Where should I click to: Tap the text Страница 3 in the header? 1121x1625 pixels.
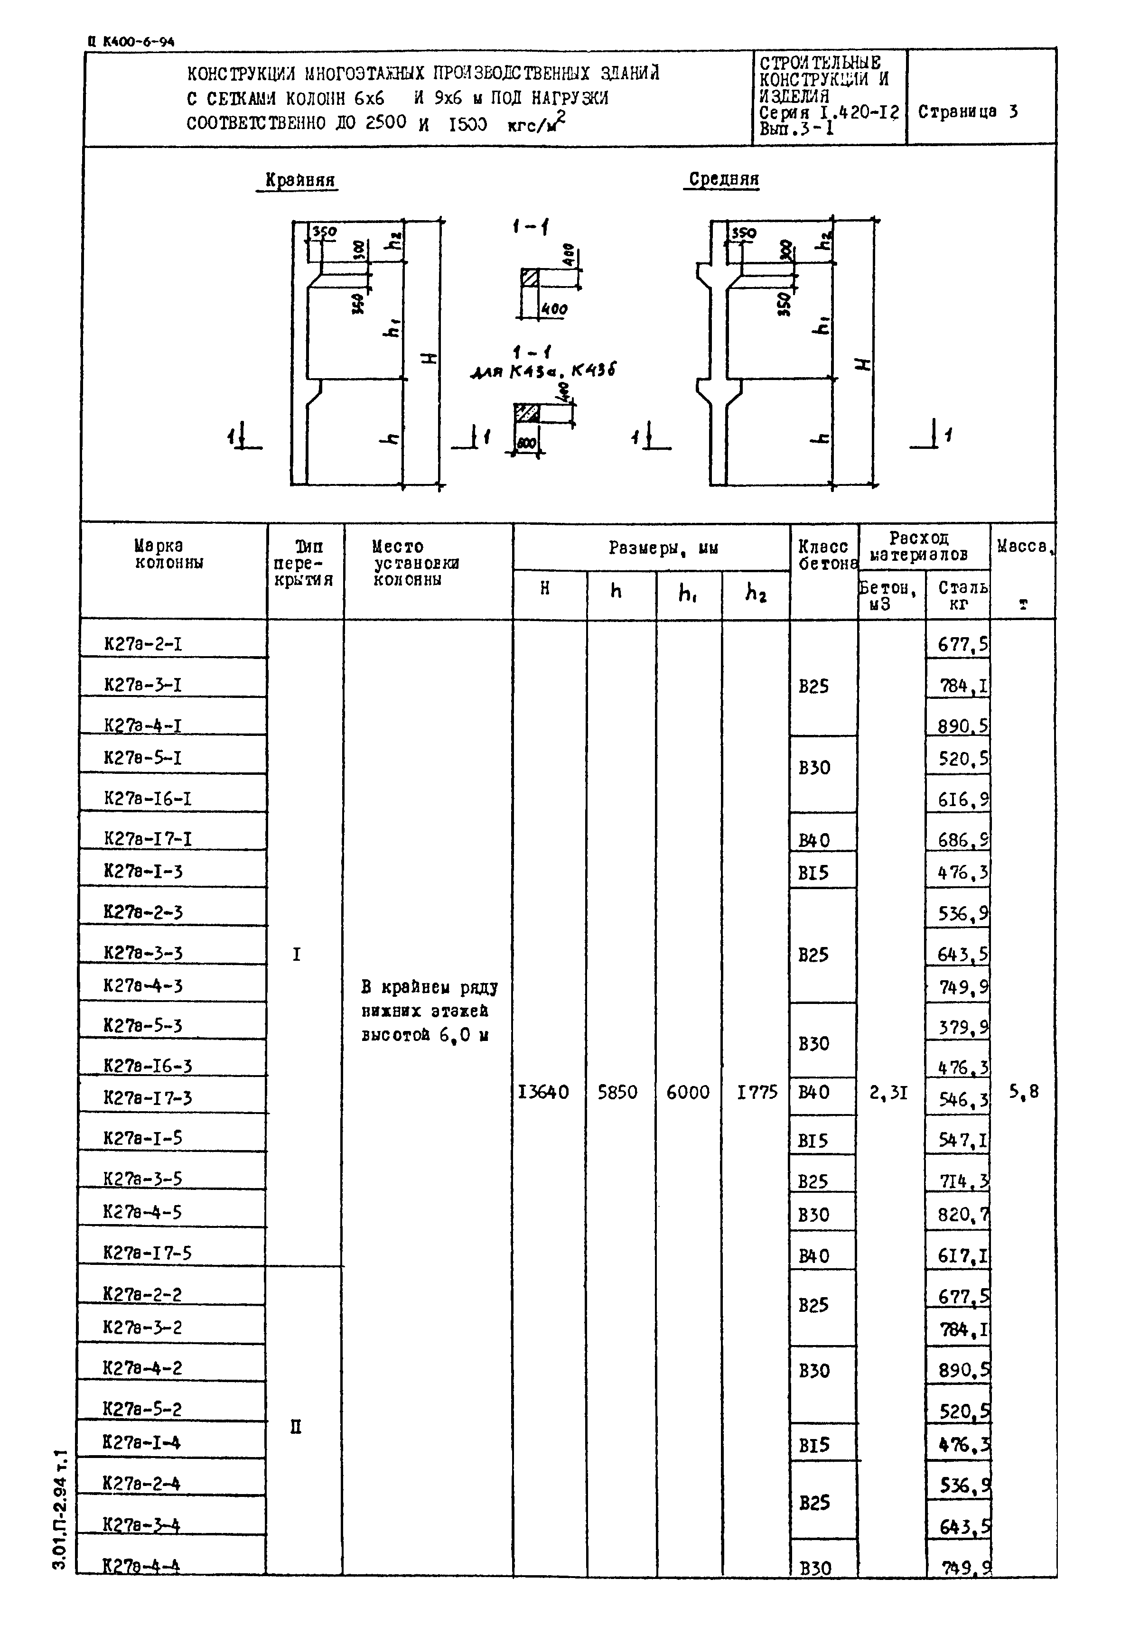click(968, 111)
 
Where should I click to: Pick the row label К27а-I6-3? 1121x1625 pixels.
click(148, 1065)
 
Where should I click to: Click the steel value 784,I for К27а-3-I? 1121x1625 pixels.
click(963, 686)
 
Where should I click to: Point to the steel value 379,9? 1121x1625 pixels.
click(963, 1028)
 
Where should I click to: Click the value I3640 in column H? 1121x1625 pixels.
click(543, 1092)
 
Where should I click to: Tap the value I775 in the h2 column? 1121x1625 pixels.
click(757, 1092)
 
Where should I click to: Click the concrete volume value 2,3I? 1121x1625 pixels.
click(888, 1092)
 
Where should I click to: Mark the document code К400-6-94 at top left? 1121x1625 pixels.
click(132, 41)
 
